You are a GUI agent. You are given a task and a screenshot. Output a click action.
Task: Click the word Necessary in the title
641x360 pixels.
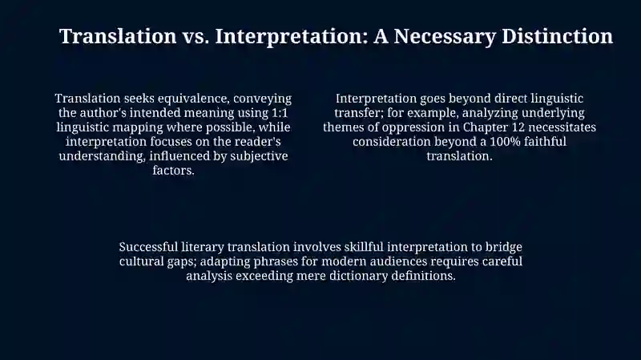[445, 37]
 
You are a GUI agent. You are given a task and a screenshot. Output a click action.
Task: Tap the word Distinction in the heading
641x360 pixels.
[557, 36]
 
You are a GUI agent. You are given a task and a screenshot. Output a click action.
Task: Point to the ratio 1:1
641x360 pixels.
[280, 113]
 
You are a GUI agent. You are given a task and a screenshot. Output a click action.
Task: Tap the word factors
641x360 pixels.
[173, 170]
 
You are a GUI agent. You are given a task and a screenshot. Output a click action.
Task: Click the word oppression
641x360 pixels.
[413, 127]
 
